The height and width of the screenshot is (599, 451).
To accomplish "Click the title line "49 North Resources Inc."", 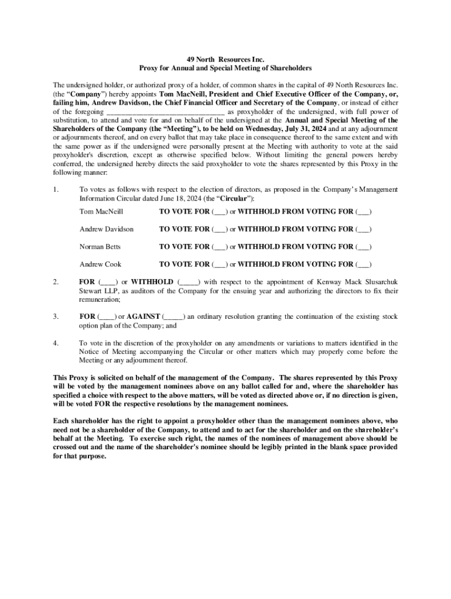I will click(225, 60).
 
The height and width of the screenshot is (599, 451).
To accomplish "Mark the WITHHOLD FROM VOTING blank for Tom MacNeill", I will click(364, 211).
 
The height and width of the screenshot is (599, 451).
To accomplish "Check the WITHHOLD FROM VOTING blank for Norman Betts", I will click(364, 247).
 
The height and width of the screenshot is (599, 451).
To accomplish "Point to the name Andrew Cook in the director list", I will click(100, 264).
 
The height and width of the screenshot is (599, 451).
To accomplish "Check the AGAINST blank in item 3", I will click(174, 317).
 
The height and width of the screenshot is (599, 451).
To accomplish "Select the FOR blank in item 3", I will click(108, 317).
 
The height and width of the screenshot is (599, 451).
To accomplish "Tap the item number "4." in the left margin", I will click(56, 343).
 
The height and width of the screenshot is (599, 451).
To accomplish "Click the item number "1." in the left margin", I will click(56, 190).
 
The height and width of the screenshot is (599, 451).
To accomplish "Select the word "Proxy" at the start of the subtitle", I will click(148, 68).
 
